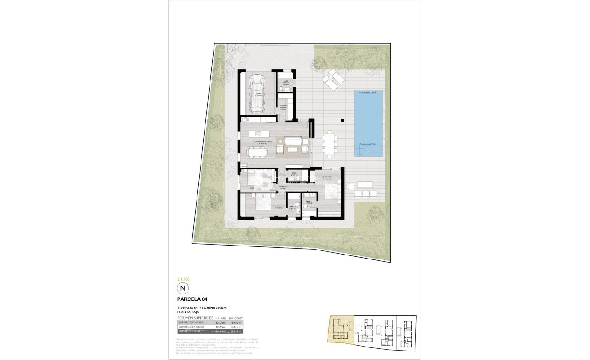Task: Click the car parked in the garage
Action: point(257,93)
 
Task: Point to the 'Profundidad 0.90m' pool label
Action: point(367,144)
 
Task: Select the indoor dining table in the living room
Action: point(257,152)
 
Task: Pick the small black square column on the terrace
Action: point(342,120)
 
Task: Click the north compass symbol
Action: point(182,288)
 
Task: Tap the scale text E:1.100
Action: point(184,279)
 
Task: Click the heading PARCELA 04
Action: point(192,299)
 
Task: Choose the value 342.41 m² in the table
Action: point(236,327)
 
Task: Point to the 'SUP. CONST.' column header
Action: point(236,317)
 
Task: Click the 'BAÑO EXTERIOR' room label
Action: point(286,83)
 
